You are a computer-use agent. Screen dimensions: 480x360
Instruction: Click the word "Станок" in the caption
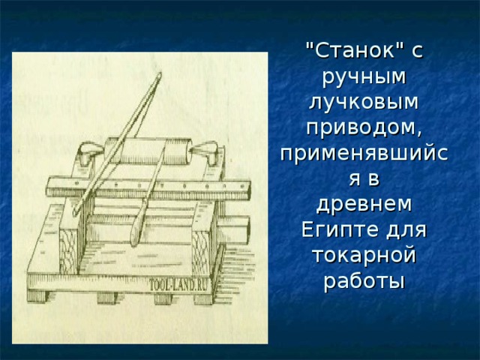[x=355, y=50]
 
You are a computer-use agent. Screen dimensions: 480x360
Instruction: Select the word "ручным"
[x=364, y=78]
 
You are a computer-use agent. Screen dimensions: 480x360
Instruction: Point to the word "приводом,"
[x=364, y=127]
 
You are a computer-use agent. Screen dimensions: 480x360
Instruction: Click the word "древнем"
[x=364, y=205]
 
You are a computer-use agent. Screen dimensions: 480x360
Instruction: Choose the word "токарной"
[x=364, y=255]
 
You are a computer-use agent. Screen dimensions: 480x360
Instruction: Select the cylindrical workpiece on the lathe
[x=148, y=151]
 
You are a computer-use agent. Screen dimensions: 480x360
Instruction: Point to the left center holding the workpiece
[x=91, y=151]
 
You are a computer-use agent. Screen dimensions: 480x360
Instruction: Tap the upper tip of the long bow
[x=160, y=73]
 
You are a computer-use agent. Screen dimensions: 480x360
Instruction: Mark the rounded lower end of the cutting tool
[x=134, y=239]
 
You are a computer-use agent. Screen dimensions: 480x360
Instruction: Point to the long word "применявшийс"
[x=364, y=154]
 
